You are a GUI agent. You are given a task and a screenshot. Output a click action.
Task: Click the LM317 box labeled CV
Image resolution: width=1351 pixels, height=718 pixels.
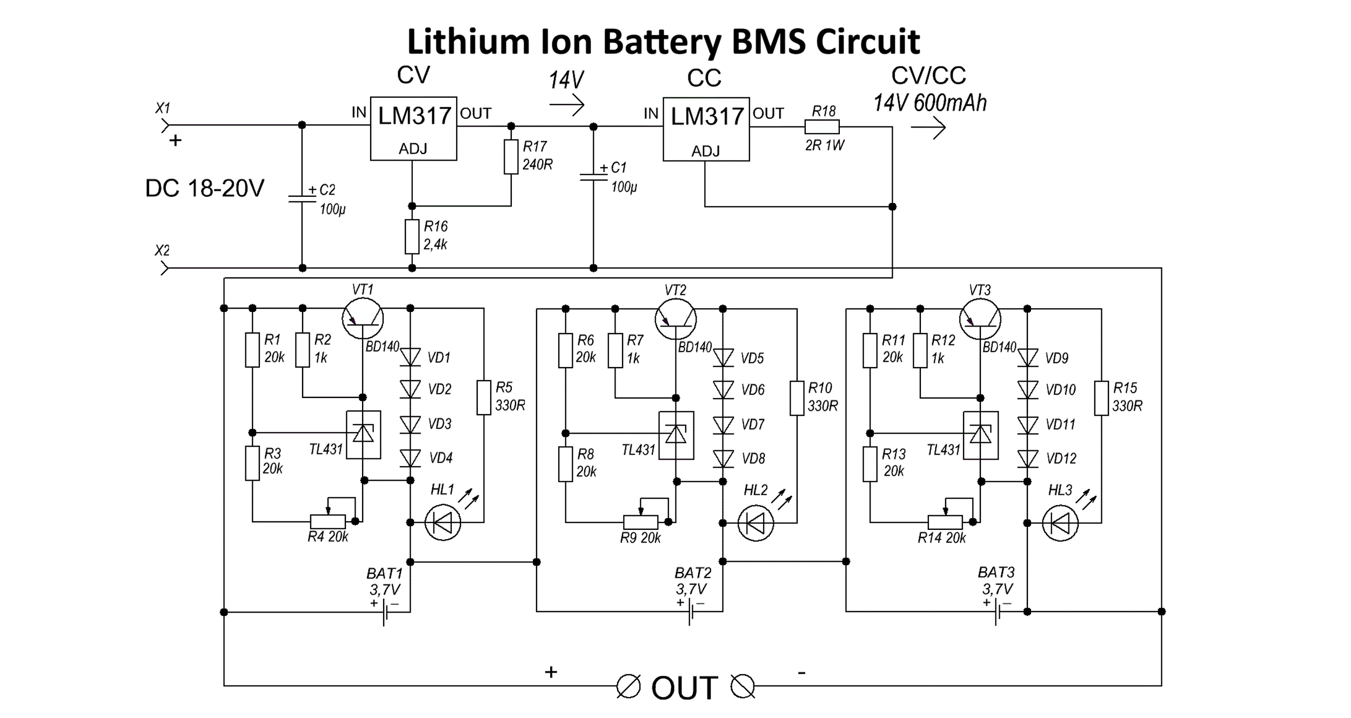click(x=413, y=128)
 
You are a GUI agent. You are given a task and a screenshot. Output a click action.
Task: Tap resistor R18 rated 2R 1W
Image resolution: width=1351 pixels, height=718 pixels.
click(x=821, y=127)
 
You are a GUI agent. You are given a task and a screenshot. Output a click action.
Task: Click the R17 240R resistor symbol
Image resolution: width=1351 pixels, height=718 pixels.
click(x=511, y=157)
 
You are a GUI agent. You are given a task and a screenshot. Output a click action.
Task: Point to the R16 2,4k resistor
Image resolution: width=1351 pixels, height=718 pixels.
click(x=412, y=236)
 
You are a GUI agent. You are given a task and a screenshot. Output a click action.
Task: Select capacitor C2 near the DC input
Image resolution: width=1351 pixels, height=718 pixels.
click(x=302, y=198)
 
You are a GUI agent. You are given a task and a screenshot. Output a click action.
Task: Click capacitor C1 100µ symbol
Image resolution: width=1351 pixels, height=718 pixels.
click(x=593, y=177)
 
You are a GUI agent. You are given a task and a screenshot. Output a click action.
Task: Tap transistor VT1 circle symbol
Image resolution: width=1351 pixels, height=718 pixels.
click(x=363, y=318)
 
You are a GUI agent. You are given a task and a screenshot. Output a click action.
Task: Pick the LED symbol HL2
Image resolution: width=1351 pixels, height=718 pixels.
click(x=755, y=523)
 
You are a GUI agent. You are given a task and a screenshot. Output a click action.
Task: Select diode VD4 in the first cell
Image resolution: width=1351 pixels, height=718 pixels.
click(x=410, y=458)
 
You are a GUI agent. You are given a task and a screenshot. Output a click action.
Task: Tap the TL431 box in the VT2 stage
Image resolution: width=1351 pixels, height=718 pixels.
click(x=675, y=435)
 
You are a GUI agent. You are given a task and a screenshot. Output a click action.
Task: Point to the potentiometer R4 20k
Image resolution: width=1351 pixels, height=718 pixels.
click(x=327, y=521)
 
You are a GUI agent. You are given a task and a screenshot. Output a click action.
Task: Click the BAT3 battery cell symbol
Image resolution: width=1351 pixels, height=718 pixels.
click(x=998, y=612)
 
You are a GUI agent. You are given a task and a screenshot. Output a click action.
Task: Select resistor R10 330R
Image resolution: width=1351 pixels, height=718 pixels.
click(x=797, y=398)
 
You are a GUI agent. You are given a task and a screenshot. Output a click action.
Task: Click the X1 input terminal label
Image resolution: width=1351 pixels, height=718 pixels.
click(x=163, y=108)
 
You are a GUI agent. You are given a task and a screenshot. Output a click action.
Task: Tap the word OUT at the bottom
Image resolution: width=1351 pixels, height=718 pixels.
click(x=684, y=688)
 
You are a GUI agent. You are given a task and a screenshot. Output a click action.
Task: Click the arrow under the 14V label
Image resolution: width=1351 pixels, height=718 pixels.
click(x=566, y=104)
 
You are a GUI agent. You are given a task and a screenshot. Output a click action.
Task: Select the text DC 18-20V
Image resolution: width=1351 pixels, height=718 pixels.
click(x=205, y=188)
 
